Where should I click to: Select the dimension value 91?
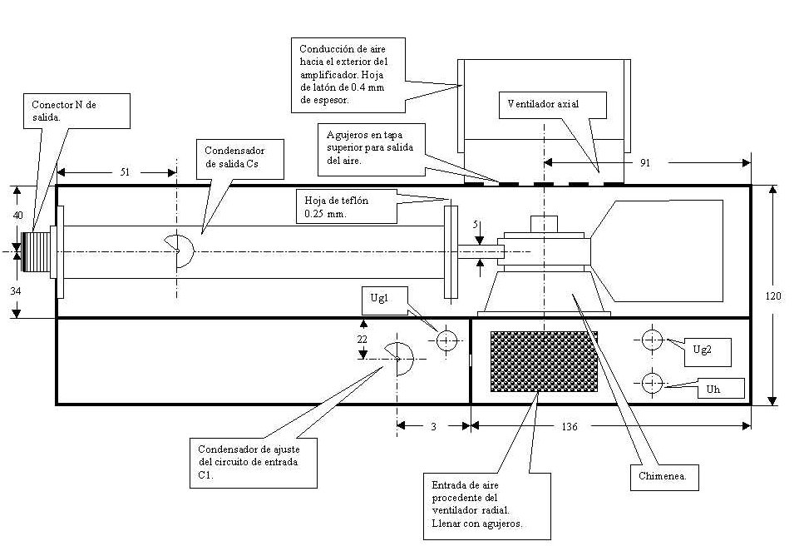pyautogui.click(x=644, y=164)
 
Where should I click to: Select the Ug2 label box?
pyautogui.click(x=703, y=351)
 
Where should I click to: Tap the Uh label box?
pyautogui.click(x=718, y=389)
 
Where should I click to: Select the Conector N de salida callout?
pyautogui.click(x=76, y=111)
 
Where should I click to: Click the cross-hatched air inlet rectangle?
pyautogui.click(x=545, y=361)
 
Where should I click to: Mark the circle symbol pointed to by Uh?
pyautogui.click(x=651, y=382)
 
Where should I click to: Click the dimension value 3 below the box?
pyautogui.click(x=433, y=425)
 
